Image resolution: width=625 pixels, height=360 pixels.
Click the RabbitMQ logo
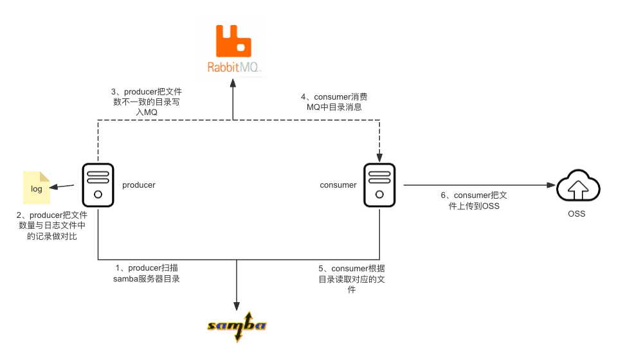click(233, 49)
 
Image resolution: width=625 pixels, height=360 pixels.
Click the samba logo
click(236, 327)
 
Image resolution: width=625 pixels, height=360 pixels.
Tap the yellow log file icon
click(37, 188)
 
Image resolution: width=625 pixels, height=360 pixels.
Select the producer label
click(139, 185)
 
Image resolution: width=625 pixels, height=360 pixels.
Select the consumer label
click(338, 185)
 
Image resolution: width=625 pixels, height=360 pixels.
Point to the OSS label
click(576, 213)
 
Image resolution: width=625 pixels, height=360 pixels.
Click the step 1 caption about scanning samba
click(147, 273)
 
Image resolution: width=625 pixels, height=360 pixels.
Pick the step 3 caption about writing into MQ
click(146, 102)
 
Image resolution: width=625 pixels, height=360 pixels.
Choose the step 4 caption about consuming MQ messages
click(334, 102)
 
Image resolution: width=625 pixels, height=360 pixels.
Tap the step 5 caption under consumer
click(351, 279)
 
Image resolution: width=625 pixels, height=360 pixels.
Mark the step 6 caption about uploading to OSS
click(471, 201)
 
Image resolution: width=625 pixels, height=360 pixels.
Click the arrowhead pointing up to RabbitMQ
click(233, 84)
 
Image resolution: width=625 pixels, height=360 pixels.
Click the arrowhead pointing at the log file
click(55, 187)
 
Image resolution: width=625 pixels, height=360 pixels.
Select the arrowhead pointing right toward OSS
click(551, 185)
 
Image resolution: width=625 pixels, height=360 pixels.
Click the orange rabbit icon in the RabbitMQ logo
click(233, 40)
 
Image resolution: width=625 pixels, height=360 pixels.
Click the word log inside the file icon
click(37, 189)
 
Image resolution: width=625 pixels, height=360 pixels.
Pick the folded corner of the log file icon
click(45, 175)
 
